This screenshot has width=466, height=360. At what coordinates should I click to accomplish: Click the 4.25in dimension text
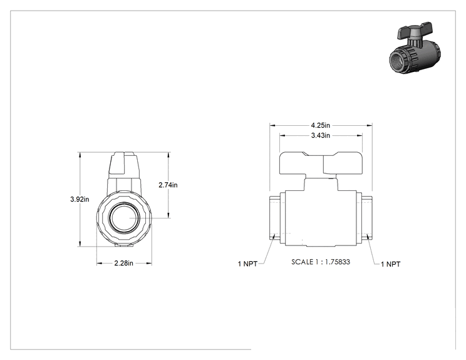(321, 125)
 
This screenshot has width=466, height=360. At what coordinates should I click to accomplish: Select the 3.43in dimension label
(321, 135)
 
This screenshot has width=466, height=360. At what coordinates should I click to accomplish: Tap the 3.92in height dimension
(80, 199)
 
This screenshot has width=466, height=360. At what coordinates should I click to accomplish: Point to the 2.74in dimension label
(168, 185)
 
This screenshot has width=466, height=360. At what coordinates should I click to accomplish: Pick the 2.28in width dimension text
(123, 263)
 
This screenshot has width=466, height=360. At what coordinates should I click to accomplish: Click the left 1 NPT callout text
(247, 264)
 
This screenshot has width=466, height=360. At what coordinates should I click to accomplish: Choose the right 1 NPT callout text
(390, 264)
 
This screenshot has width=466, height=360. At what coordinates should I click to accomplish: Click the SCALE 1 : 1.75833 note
(321, 262)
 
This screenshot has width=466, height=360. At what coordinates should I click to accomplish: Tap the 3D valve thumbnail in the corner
(415, 48)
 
